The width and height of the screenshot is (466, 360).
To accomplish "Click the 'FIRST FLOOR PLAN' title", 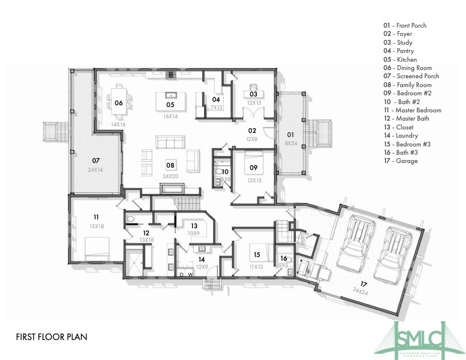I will (x=52, y=337).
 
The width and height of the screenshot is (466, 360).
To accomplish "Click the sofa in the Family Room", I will (x=169, y=142).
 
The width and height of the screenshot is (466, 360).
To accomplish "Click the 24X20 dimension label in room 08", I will (x=170, y=176).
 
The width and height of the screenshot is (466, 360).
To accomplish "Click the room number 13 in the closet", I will (x=194, y=226).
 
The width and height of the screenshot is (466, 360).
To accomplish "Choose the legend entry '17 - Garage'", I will (x=401, y=161).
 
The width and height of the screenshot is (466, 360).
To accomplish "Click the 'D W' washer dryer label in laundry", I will (x=186, y=274).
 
